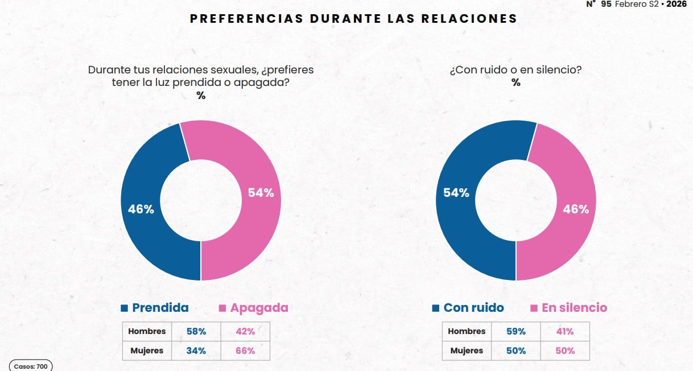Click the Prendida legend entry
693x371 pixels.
point(154,308)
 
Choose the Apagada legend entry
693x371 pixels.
point(253,308)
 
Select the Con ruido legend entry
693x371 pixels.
point(468,308)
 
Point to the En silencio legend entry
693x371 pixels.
point(568,308)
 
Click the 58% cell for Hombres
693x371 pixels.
point(196,331)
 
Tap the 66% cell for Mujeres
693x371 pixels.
point(245,351)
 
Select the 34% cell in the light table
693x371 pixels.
point(196,351)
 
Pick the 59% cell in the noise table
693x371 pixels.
point(516,331)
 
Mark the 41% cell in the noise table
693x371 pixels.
point(565,331)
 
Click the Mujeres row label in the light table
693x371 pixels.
point(147,351)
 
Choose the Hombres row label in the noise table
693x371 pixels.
point(467,331)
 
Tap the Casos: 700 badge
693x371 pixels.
point(31,366)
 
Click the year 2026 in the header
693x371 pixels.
point(676,4)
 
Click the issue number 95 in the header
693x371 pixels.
point(606,4)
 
